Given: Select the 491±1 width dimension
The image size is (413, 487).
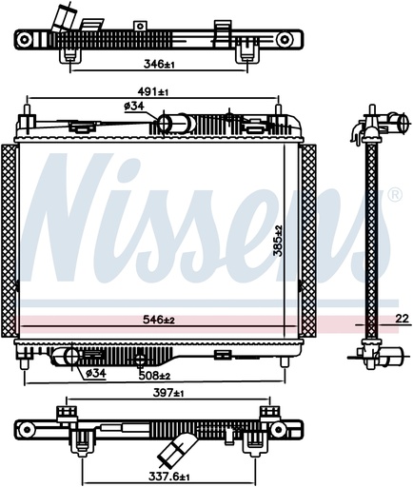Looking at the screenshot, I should (150, 92).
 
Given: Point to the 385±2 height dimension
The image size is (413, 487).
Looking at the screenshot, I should (277, 242).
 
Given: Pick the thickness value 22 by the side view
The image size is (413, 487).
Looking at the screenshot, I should (401, 318).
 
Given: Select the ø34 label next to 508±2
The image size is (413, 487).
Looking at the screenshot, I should (95, 373).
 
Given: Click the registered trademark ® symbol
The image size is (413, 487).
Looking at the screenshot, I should (394, 195).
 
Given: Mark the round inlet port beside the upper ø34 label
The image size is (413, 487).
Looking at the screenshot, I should (163, 123).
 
